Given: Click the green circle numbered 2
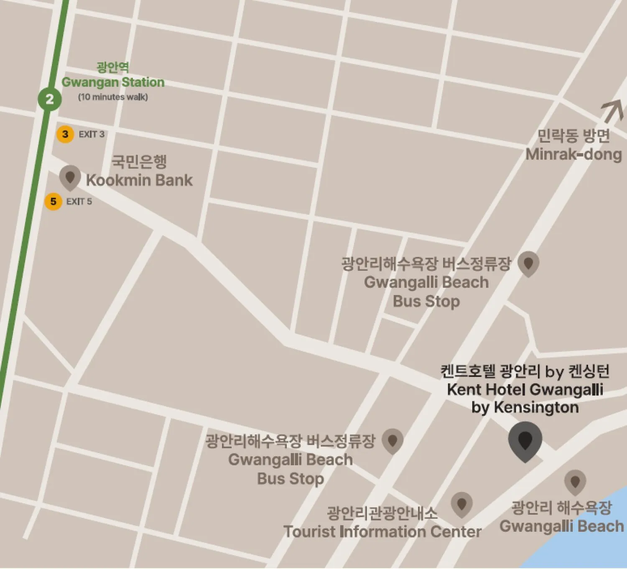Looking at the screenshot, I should point(50,99).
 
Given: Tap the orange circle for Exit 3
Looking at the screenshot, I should point(65,134).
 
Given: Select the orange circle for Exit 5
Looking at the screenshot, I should point(53,202).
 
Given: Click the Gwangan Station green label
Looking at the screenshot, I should point(113,82).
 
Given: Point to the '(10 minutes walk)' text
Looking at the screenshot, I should point(113,97).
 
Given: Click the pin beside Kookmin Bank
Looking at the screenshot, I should point(70,177).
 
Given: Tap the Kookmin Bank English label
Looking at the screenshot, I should point(139,180).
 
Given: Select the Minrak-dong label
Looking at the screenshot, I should point(573,154).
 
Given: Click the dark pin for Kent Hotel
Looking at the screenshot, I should point(525,440).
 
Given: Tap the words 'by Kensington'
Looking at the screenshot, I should point(525,407).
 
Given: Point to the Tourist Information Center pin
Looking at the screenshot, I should point(461,504).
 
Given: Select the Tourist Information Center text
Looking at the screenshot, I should point(382,532).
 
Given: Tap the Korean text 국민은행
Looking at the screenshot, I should point(139,161).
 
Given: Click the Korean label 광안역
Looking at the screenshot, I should point(113,67).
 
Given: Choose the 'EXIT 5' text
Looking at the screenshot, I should point(79,202).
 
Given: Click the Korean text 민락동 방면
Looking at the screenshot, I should point(573,136).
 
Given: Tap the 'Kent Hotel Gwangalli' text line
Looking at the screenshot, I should point(525,390).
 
